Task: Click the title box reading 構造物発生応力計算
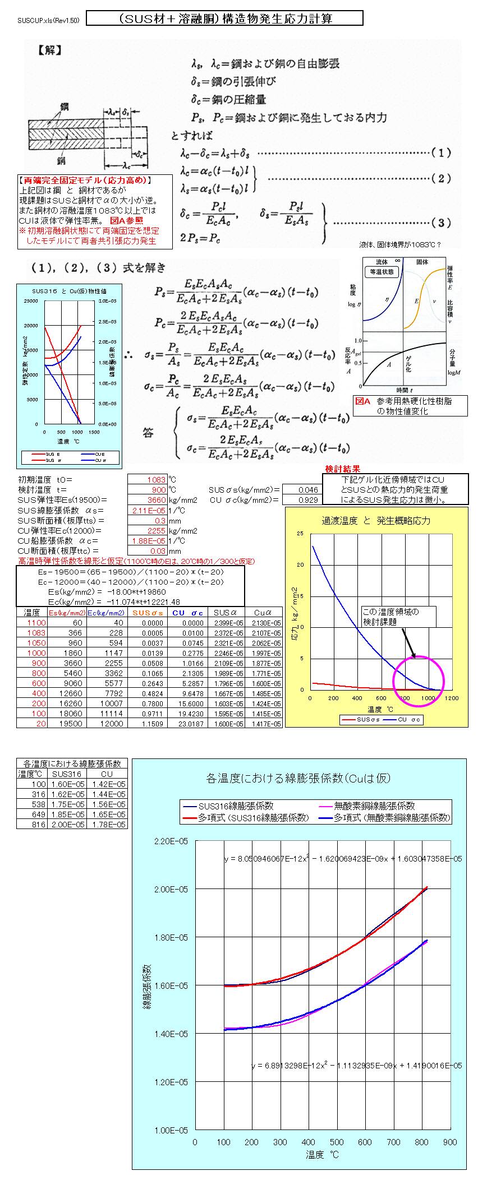[x=225, y=18]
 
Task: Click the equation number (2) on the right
[x=441, y=178]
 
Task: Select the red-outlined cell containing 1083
[x=148, y=480]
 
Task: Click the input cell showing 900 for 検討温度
[x=148, y=490]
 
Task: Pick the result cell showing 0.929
[x=301, y=500]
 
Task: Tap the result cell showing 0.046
[x=301, y=490]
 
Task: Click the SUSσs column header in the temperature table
[x=148, y=613]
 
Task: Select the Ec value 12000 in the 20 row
[x=107, y=724]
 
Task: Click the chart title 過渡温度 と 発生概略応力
[x=376, y=521]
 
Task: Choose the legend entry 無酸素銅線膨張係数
[x=374, y=806]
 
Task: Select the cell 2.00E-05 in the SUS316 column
[x=72, y=823]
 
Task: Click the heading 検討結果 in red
[x=342, y=469]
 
